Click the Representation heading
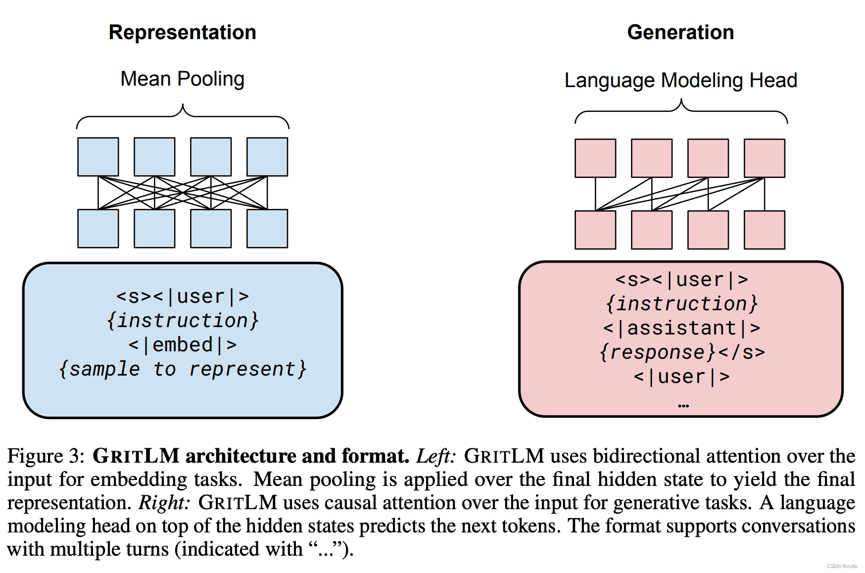tap(182, 33)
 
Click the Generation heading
tap(680, 33)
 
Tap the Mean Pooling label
tap(182, 79)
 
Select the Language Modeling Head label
tap(680, 81)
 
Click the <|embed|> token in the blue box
tap(182, 345)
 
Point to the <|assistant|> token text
tap(681, 328)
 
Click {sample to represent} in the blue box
tap(182, 369)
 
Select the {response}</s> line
tap(681, 352)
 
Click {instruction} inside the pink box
tap(681, 304)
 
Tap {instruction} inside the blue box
tap(182, 321)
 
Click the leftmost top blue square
tap(98, 157)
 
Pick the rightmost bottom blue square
tap(267, 229)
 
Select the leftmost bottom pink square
tap(595, 230)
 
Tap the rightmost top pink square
tap(765, 158)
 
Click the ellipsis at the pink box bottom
tap(683, 406)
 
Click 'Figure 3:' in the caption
tap(47, 456)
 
